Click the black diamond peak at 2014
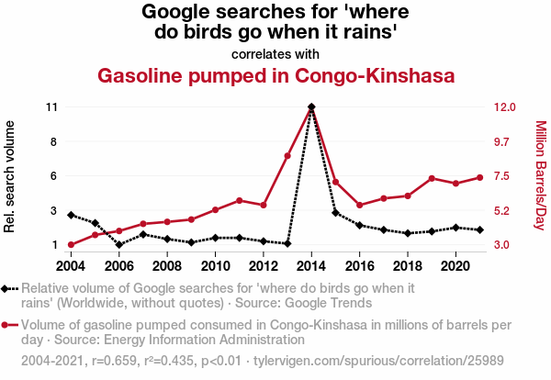[x=312, y=107]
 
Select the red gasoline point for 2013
[x=287, y=156]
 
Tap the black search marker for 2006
[x=119, y=245]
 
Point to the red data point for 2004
[x=71, y=245]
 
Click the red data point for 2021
[x=480, y=177]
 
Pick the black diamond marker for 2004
[x=71, y=215]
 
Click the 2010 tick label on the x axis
[x=215, y=266]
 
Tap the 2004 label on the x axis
[x=71, y=266]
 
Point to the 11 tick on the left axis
[x=51, y=107]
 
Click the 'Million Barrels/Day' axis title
[x=540, y=175]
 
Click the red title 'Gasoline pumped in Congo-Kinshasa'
[x=276, y=75]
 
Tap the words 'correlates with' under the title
[x=275, y=53]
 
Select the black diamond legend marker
[x=9, y=288]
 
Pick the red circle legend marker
[x=9, y=325]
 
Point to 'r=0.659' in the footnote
[x=115, y=360]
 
